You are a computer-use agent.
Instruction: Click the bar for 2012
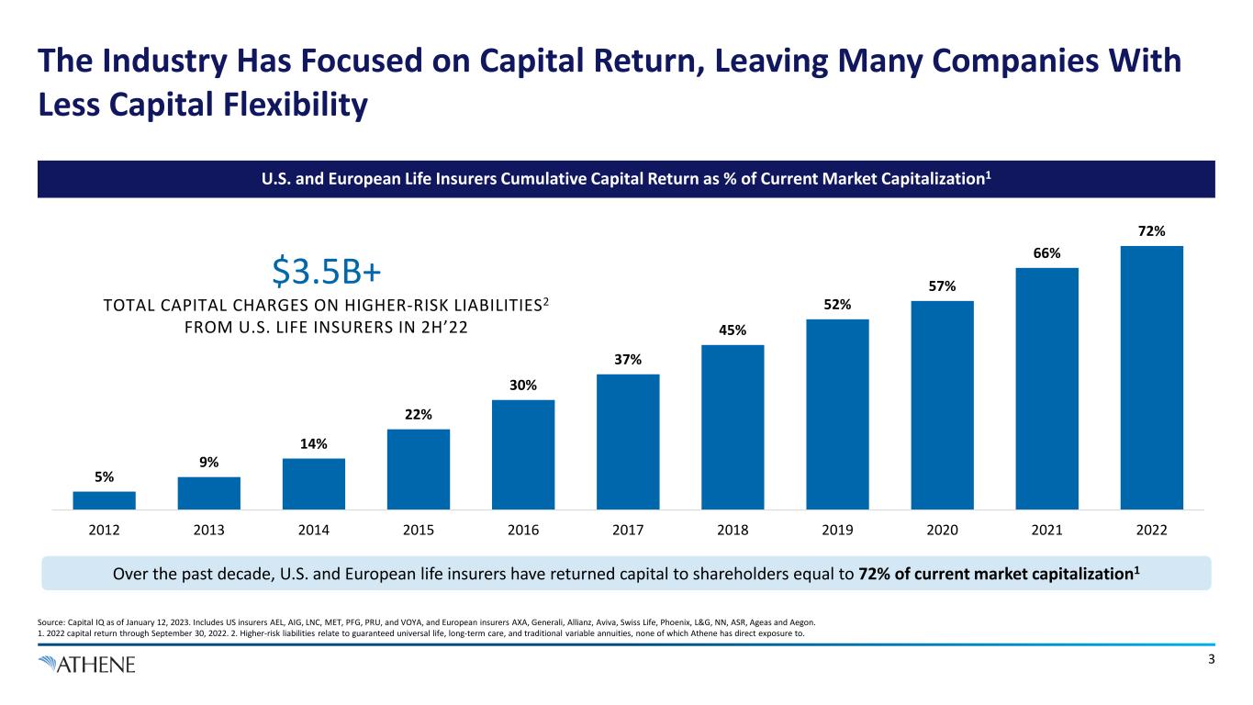(x=104, y=499)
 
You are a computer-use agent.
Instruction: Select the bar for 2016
(x=523, y=453)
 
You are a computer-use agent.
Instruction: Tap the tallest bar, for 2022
(x=1151, y=376)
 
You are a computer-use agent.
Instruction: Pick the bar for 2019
(x=837, y=413)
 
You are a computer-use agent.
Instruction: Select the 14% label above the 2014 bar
(x=314, y=445)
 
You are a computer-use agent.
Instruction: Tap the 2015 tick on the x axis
(x=419, y=530)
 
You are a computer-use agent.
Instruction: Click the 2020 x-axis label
(x=942, y=530)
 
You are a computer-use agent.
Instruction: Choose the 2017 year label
(x=628, y=530)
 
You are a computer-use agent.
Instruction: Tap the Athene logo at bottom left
(x=87, y=664)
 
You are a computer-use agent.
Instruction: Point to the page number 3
(x=1212, y=659)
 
